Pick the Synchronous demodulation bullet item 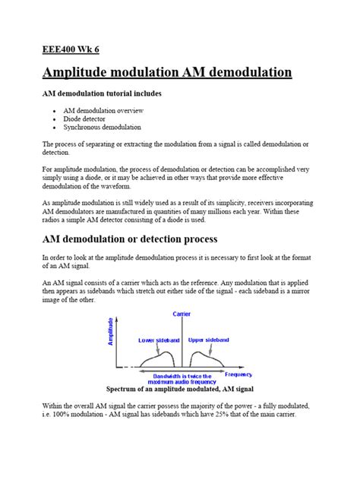(x=103, y=128)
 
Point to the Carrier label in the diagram (x=182, y=313)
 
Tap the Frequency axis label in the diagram (x=238, y=374)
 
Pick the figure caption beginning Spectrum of (x=180, y=389)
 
